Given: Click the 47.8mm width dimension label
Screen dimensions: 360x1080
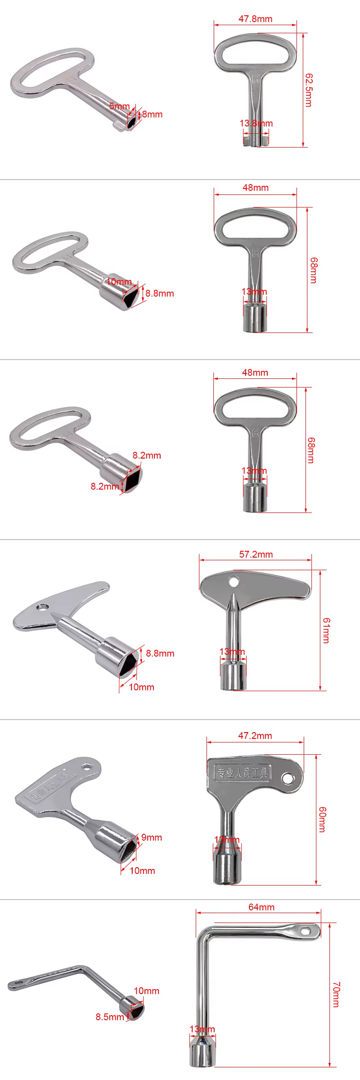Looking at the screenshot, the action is [255, 19].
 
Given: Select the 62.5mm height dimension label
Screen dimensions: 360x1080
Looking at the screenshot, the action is [308, 90].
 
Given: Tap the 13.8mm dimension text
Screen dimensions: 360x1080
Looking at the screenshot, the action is [256, 123].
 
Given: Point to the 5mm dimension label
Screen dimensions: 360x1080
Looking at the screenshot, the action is [119, 106].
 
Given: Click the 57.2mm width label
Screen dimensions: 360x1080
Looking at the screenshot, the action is [256, 554].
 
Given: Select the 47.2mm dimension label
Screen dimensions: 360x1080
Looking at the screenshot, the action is [255, 736].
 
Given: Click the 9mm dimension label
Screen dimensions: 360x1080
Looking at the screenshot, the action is [152, 837].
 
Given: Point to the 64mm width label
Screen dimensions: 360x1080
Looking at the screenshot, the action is [261, 907].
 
